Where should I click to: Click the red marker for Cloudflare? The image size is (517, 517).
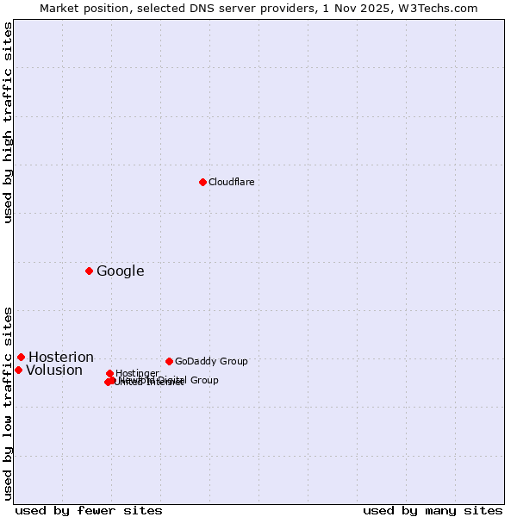point(202,182)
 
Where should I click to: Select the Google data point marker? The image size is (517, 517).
point(89,271)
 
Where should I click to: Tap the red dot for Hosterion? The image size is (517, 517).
point(21,357)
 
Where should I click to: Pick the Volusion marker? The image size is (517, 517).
point(18,370)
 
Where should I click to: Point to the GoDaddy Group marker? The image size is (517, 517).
point(169,361)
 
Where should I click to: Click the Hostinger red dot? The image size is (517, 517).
point(109,373)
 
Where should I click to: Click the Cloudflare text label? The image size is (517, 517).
point(231,182)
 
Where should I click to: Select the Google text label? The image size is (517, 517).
point(120,271)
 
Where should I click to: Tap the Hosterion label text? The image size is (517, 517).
point(60,358)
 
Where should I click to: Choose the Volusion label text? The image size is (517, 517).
point(53,371)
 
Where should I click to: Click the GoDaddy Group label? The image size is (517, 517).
point(211,361)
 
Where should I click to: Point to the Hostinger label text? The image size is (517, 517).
point(137,373)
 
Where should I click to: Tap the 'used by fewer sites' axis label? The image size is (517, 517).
point(89,510)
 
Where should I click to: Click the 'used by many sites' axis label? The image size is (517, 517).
point(433,510)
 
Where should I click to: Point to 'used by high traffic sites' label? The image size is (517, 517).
point(8,122)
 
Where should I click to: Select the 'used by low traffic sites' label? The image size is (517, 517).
point(8,403)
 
